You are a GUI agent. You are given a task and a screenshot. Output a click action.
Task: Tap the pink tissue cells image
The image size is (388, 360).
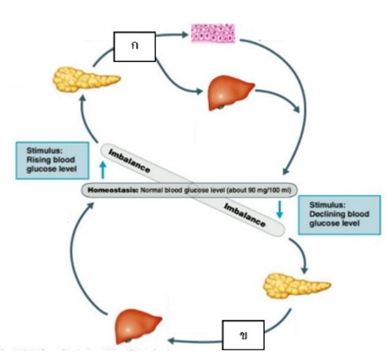tap(213, 32)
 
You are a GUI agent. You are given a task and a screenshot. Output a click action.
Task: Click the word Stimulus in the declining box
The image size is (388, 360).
tap(326, 204)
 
